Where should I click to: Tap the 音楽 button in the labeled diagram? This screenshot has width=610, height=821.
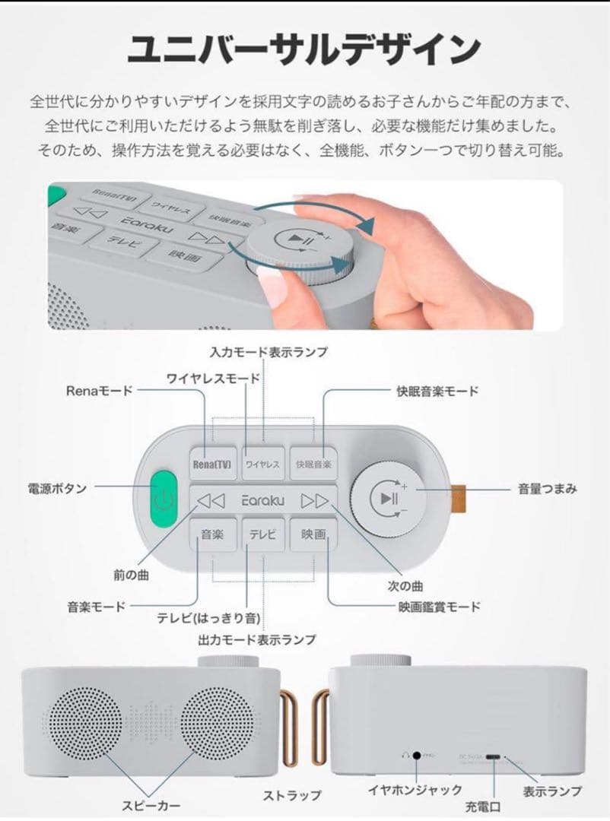(211, 534)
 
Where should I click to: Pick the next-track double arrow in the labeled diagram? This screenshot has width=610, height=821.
(314, 499)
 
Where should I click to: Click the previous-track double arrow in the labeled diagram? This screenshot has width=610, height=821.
(211, 499)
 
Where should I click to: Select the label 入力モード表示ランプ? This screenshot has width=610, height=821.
(268, 351)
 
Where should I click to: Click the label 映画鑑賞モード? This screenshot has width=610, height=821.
(440, 606)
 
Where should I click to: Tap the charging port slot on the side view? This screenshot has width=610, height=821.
(495, 757)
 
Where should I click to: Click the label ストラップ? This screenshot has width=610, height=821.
(292, 796)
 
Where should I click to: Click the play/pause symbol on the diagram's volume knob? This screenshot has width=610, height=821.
(387, 499)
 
